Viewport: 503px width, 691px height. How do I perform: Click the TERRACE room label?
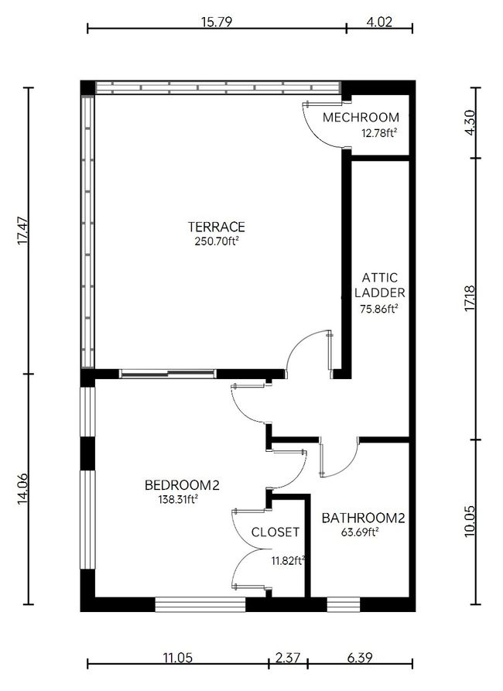click(216, 227)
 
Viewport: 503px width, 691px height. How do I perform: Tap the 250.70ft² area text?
click(217, 241)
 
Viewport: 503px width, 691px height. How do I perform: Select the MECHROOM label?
click(361, 118)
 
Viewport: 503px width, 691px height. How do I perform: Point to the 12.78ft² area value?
click(377, 132)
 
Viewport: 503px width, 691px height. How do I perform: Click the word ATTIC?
click(379, 278)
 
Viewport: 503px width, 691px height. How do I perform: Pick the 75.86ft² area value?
click(379, 309)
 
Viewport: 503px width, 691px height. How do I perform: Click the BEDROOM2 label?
click(182, 485)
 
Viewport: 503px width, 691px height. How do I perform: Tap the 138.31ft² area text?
click(178, 499)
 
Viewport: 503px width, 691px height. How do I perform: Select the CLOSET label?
click(275, 532)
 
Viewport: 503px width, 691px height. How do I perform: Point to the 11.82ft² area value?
click(289, 560)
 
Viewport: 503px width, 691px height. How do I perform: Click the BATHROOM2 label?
click(363, 518)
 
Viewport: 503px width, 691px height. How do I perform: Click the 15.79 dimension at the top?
click(217, 22)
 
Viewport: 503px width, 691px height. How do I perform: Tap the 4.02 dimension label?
click(379, 22)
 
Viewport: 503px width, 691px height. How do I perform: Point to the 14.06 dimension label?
click(23, 489)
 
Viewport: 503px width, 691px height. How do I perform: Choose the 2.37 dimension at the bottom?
click(288, 658)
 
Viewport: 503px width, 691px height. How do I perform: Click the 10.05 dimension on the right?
click(470, 522)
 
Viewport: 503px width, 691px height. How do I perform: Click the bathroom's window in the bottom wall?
click(344, 604)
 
